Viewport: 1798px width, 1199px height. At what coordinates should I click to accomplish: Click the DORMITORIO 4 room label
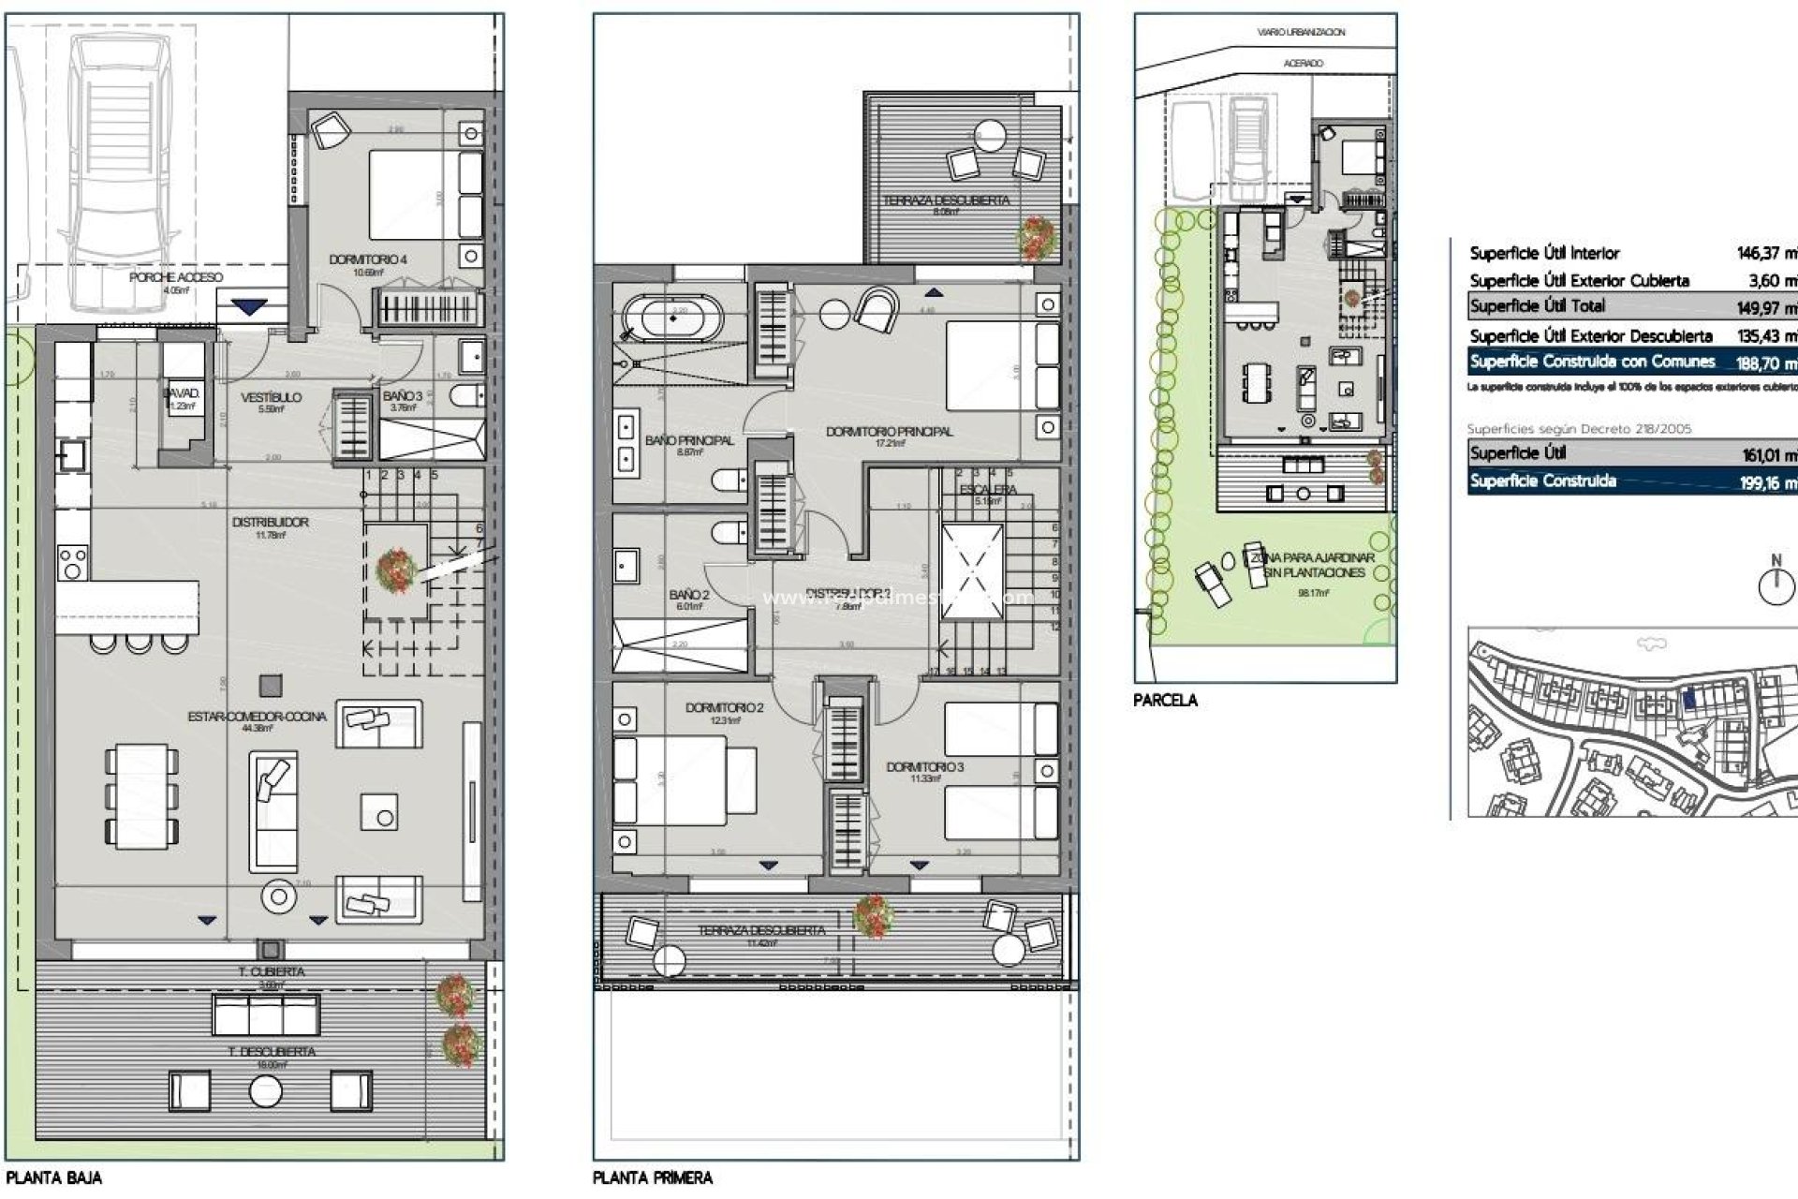[367, 259]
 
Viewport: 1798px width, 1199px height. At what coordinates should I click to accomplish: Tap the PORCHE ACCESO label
[175, 277]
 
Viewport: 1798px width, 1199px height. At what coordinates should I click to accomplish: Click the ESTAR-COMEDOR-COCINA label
[257, 717]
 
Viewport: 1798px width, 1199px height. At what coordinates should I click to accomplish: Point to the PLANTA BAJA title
[53, 1177]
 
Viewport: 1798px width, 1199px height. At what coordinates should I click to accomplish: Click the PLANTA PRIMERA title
[652, 1177]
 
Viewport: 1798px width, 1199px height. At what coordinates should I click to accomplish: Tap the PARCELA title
[1164, 700]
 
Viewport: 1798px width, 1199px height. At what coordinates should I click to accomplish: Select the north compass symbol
[1775, 586]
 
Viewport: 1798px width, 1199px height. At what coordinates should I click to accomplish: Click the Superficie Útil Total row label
[1537, 306]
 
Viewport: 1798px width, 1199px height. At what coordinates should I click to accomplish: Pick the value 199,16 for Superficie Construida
[1766, 483]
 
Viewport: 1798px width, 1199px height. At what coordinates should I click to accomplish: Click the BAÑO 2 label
[688, 595]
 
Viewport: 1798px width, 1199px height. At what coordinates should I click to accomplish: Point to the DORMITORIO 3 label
[924, 767]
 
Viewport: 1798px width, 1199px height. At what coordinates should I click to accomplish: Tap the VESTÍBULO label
[271, 397]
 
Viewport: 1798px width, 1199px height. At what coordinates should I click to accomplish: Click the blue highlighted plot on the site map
[1688, 698]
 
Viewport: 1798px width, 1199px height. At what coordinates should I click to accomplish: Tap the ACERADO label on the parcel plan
[1303, 63]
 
